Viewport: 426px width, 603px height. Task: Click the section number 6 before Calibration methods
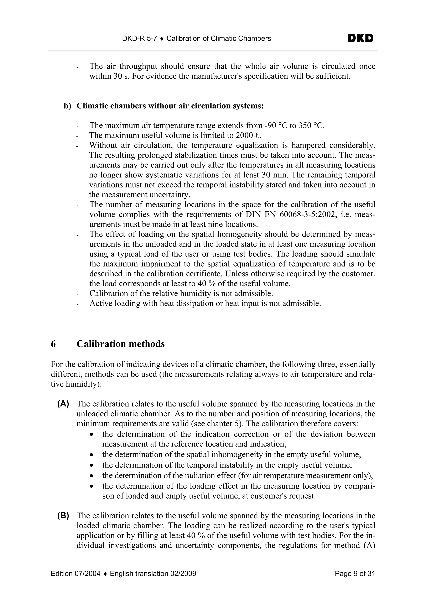coord(53,344)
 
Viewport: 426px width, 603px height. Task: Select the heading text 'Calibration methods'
coord(120,344)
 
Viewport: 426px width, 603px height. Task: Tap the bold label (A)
coord(63,404)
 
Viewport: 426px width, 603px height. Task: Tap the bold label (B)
coord(63,516)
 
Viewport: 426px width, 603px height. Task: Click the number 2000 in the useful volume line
coord(244,135)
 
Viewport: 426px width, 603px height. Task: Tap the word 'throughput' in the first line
coord(140,66)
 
